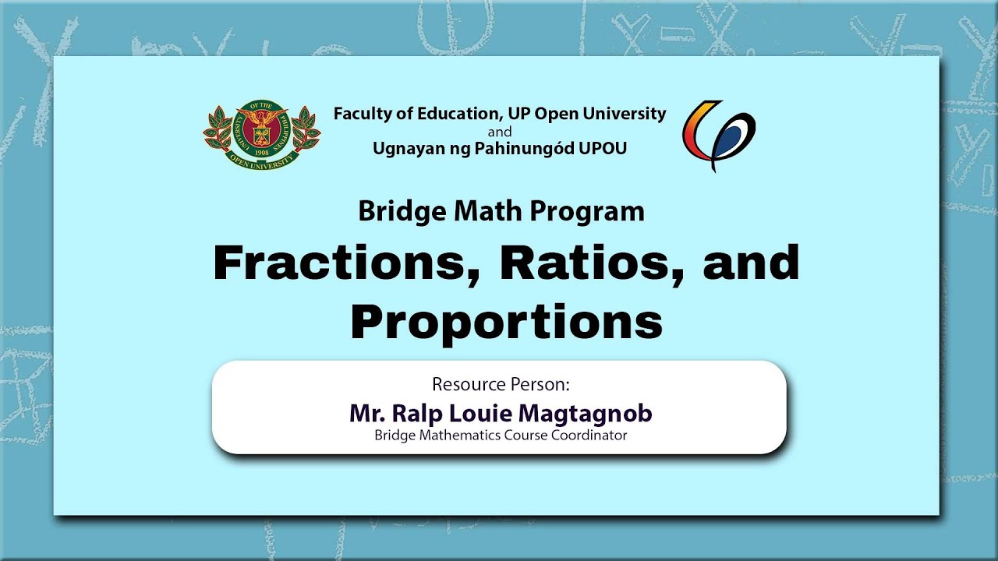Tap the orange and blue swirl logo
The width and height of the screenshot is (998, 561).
[719, 136]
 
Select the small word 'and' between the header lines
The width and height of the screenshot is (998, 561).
[500, 132]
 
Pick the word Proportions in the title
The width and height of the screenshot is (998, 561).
[507, 322]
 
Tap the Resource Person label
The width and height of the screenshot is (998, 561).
[501, 384]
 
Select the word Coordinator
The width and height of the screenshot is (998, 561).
[589, 435]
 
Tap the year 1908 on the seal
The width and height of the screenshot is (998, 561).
[262, 152]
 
